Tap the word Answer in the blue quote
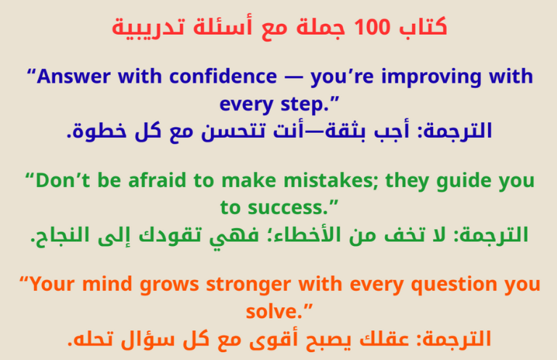tap(67, 76)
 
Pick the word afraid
tap(165, 181)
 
